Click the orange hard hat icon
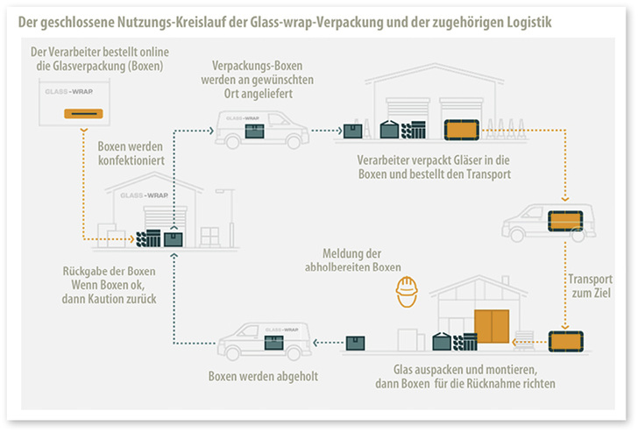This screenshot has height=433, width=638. click(x=405, y=292)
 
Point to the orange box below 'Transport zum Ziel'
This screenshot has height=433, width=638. click(x=564, y=341)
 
